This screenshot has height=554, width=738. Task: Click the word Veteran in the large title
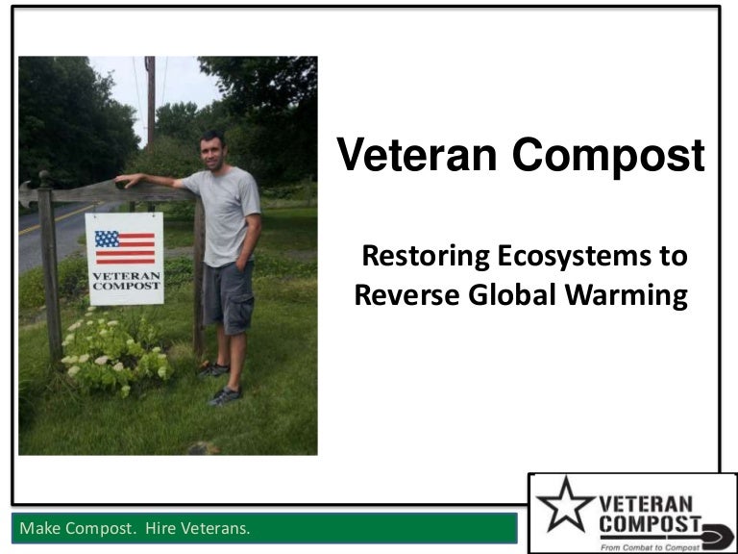417,155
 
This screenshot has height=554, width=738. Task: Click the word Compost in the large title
608,157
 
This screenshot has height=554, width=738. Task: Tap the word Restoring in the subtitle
426,257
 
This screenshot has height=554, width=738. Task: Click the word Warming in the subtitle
627,296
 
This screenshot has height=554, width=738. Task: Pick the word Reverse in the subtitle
407,296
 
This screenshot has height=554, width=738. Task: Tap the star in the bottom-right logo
565,505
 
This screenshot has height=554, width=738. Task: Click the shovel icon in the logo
716,537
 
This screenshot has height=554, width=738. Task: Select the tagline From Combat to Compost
650,547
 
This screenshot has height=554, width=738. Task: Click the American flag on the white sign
125,247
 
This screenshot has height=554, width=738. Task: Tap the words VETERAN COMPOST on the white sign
126,281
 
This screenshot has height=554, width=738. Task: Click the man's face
212,151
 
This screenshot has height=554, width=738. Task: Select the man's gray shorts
228,297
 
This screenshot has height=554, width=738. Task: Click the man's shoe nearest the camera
225,396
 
